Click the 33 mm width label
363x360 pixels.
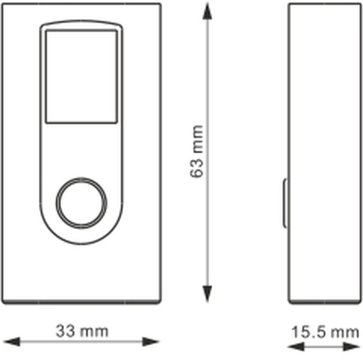[82, 332]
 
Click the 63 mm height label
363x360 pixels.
[197, 151]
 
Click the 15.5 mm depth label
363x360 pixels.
[325, 332]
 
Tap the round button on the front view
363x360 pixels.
[81, 203]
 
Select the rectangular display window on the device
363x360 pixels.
[81, 77]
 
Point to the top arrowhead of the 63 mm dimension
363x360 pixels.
[207, 11]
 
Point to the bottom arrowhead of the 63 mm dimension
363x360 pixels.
[207, 294]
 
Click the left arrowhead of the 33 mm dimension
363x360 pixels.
[12, 342]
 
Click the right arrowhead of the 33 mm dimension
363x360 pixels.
[150, 342]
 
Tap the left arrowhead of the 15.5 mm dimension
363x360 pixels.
[296, 347]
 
